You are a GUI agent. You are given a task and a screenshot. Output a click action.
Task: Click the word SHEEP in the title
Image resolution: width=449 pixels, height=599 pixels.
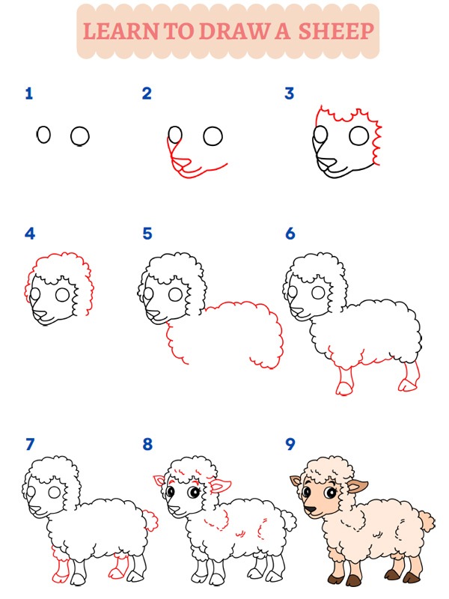(x=335, y=31)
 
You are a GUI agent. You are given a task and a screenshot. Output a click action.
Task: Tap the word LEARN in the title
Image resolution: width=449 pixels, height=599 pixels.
(x=120, y=31)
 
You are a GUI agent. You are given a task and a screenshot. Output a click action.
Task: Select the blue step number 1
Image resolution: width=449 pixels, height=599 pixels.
(x=29, y=94)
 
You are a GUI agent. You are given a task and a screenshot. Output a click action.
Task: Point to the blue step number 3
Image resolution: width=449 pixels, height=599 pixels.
(x=290, y=94)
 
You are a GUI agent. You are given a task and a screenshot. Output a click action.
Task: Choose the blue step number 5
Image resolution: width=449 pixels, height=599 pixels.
(x=147, y=234)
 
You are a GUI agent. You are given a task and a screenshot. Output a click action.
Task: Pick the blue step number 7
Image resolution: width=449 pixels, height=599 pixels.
(x=30, y=444)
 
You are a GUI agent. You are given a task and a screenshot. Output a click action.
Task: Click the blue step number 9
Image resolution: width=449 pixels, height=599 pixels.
(x=290, y=444)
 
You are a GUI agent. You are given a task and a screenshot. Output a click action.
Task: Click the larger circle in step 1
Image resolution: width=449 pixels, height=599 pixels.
(x=80, y=136)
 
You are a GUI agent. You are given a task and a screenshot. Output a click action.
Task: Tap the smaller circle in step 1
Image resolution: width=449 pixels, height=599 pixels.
(x=43, y=135)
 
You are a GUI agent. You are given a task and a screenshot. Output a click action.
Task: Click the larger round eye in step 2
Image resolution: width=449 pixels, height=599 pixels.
(x=213, y=136)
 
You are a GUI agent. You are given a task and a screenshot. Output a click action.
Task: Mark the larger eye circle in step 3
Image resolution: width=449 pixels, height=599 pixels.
(x=359, y=136)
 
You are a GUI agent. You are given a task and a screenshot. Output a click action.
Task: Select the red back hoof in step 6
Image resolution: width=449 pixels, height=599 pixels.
(x=407, y=385)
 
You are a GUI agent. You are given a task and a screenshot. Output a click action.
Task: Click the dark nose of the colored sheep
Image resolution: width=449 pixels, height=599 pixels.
(x=311, y=510)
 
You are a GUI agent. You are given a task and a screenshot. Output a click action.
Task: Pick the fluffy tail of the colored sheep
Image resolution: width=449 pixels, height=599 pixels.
(x=427, y=520)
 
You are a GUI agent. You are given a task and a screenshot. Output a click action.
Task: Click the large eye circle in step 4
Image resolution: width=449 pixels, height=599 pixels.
(x=62, y=295)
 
